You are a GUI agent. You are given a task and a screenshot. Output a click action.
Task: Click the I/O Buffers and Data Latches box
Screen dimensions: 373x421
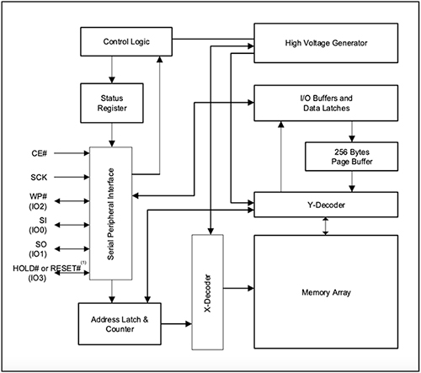[326, 104]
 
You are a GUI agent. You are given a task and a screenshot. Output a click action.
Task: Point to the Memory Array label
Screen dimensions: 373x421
[326, 293]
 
